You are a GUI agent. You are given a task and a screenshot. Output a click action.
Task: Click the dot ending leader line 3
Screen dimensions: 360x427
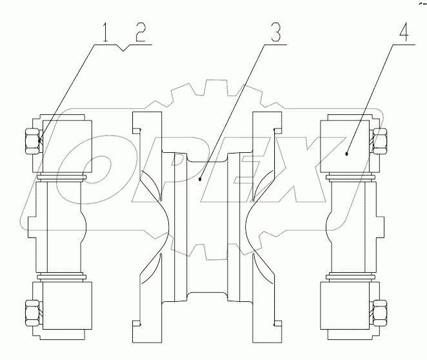click(200, 181)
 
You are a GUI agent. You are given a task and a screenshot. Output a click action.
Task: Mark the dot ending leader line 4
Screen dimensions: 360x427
click(346, 154)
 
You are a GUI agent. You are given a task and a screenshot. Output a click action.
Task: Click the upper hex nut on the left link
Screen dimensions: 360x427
click(32, 141)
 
